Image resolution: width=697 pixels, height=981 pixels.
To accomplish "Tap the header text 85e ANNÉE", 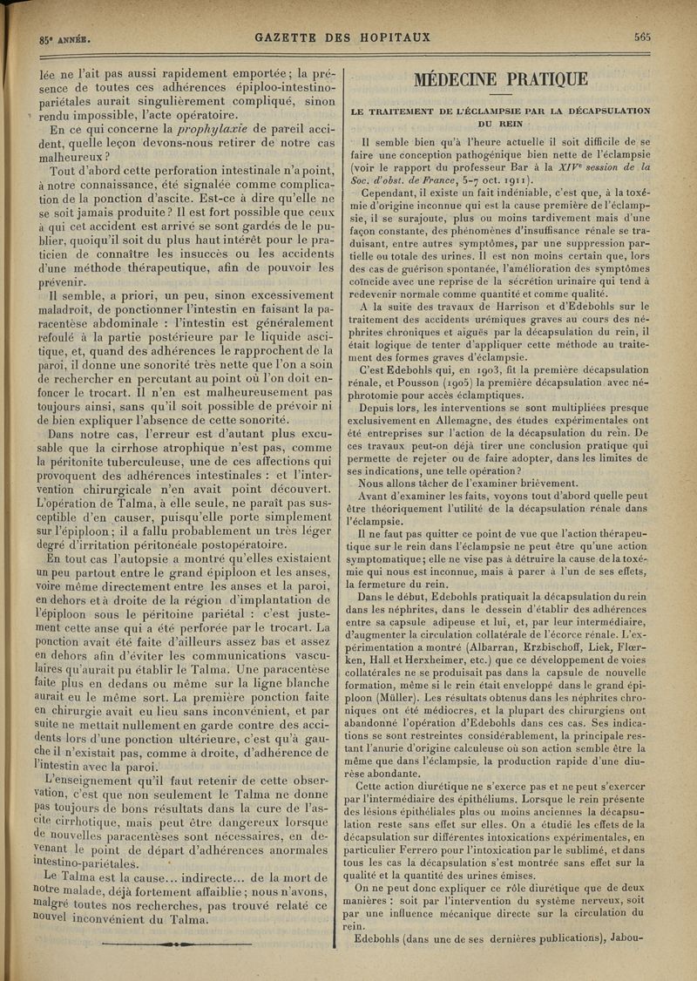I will [54, 38].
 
